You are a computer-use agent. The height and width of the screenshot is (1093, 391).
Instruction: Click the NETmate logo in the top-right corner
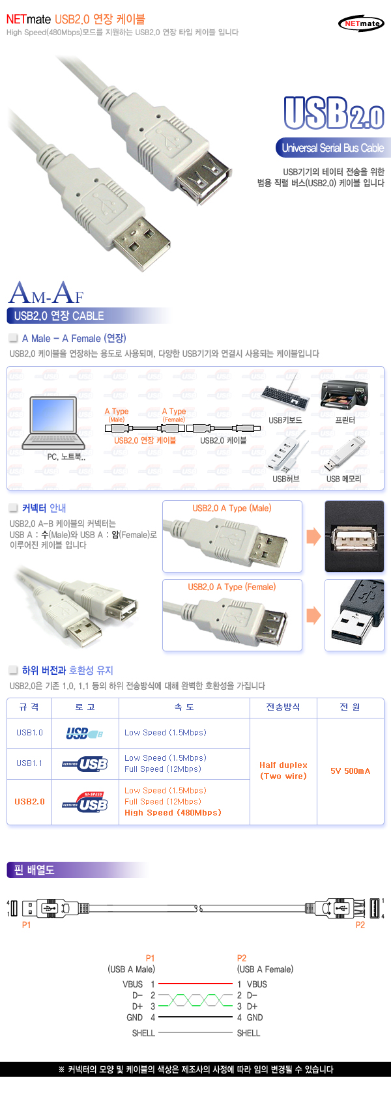pyautogui.click(x=361, y=23)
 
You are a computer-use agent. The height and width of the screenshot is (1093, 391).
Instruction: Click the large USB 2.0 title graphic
pyautogui.click(x=334, y=113)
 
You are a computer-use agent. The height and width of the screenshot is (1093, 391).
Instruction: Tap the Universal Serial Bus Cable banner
pyautogui.click(x=332, y=148)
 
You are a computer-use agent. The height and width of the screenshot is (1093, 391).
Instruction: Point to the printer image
pyautogui.click(x=344, y=395)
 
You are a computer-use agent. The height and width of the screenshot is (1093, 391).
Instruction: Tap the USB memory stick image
pyautogui.click(x=343, y=454)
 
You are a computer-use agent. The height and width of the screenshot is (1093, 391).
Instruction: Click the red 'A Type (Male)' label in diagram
pyautogui.click(x=117, y=412)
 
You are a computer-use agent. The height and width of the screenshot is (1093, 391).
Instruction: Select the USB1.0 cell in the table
pyautogui.click(x=29, y=733)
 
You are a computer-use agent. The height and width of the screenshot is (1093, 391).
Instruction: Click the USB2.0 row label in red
pyautogui.click(x=29, y=802)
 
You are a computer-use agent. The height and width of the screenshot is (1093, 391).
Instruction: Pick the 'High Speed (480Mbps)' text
pyautogui.click(x=173, y=813)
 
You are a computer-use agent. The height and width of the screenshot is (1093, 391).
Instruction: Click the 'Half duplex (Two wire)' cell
pyautogui.click(x=283, y=771)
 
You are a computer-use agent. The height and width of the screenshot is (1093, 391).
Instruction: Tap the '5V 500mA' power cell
pyautogui.click(x=350, y=771)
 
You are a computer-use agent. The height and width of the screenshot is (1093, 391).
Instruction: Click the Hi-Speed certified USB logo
pyautogui.click(x=85, y=802)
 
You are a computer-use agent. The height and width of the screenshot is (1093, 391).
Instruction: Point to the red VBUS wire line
pyautogui.click(x=195, y=984)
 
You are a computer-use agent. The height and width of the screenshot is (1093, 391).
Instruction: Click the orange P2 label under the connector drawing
pyautogui.click(x=360, y=925)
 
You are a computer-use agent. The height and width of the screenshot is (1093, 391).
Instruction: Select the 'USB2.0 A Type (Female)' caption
pyautogui.click(x=232, y=587)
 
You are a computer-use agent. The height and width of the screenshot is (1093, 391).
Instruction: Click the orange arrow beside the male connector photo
pyautogui.click(x=313, y=537)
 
